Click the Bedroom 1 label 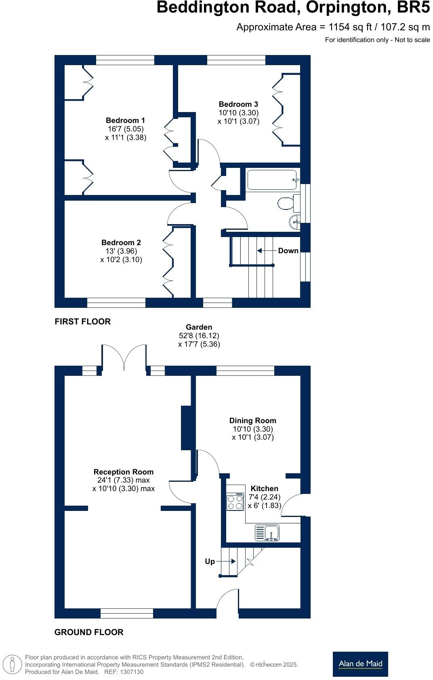coord(125,121)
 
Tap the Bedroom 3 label coord(238,104)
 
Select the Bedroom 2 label coord(121,243)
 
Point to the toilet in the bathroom coord(287,203)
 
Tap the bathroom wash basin coord(294,221)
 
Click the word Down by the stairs coord(288,251)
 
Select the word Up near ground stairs coord(210,561)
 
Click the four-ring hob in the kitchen coord(235,502)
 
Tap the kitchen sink coord(267,532)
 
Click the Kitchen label coord(264,489)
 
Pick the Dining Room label coord(252,421)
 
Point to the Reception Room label coord(123,472)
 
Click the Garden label coord(199,327)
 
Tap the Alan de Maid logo coord(360,664)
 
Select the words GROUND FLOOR coord(89,632)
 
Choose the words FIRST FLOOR coord(82,322)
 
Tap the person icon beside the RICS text coord(12,665)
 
